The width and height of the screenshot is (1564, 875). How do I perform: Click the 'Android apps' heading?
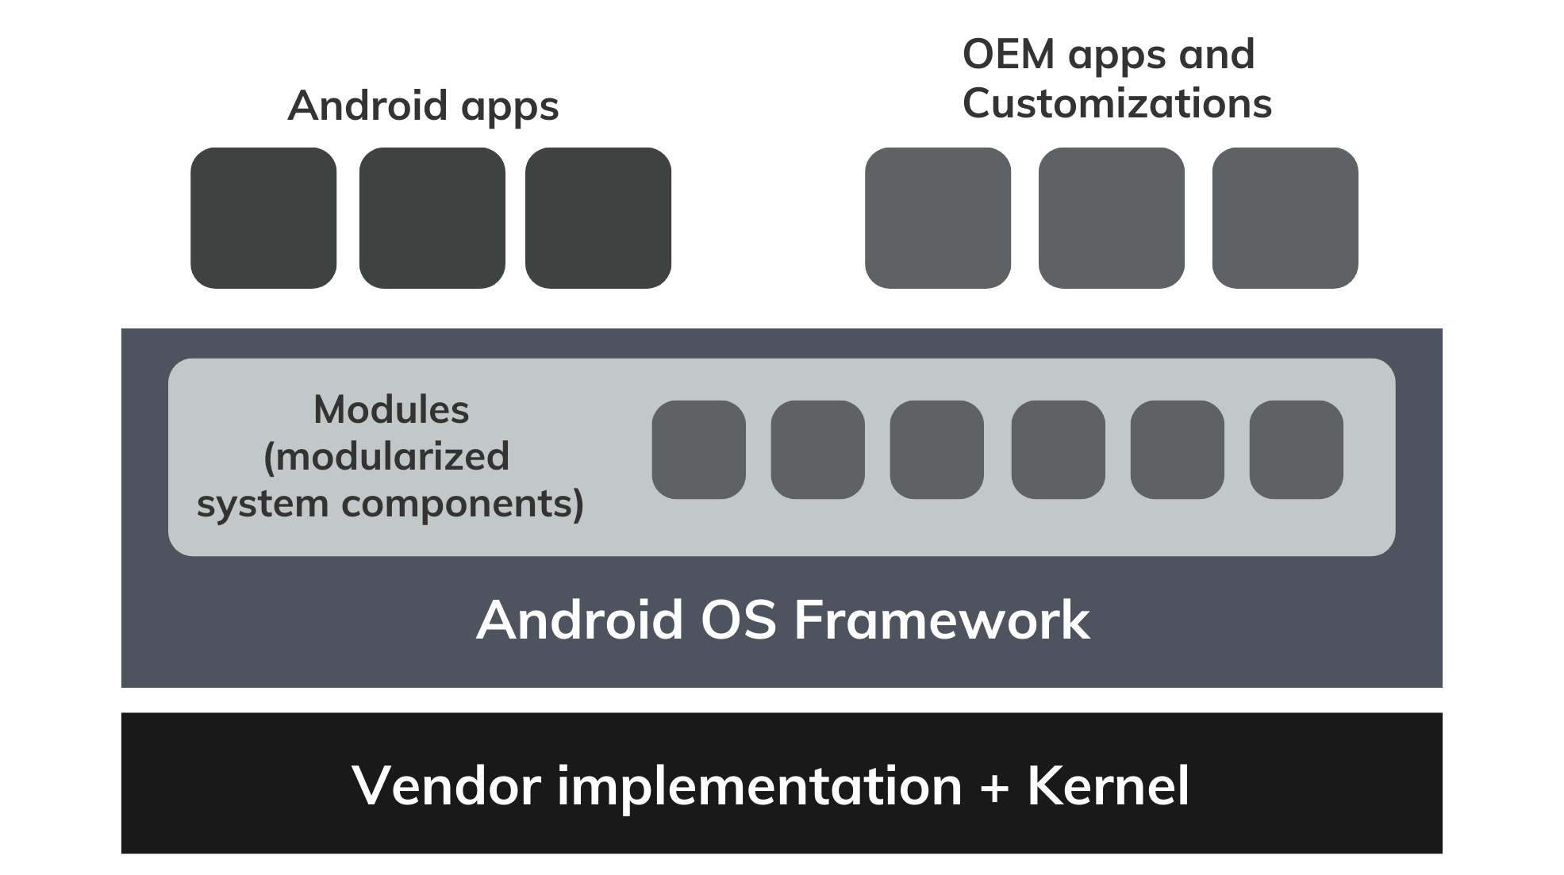coord(423,106)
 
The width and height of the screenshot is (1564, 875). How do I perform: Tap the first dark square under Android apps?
coord(263,218)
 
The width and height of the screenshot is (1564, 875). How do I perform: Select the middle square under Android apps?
coord(432,218)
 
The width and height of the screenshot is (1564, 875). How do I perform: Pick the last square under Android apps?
coord(598,218)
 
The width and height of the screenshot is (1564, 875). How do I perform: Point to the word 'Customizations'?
coord(1116,104)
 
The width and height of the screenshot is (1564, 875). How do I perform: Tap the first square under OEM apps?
coord(938,218)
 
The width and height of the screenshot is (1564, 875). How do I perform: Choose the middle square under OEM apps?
coord(1112,218)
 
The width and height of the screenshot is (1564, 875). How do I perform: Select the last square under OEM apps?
coord(1285,218)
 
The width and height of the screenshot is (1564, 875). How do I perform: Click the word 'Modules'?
coord(391,410)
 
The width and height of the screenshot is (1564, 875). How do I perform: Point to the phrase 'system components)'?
coord(390,504)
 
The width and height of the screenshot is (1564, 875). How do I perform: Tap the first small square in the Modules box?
coord(699,450)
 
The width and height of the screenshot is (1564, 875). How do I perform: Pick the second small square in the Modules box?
coord(818,450)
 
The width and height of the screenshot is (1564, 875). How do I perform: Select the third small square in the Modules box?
coord(937,450)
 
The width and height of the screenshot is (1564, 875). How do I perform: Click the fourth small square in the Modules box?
coord(1059,450)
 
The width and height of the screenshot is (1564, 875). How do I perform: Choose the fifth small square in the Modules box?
coord(1178,450)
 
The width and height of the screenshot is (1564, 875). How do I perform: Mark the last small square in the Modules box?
coord(1297,450)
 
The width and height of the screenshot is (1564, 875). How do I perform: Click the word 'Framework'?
coord(942,620)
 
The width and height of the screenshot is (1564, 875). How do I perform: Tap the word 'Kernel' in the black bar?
coord(1109,785)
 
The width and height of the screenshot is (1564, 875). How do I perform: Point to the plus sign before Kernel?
coord(995,787)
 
